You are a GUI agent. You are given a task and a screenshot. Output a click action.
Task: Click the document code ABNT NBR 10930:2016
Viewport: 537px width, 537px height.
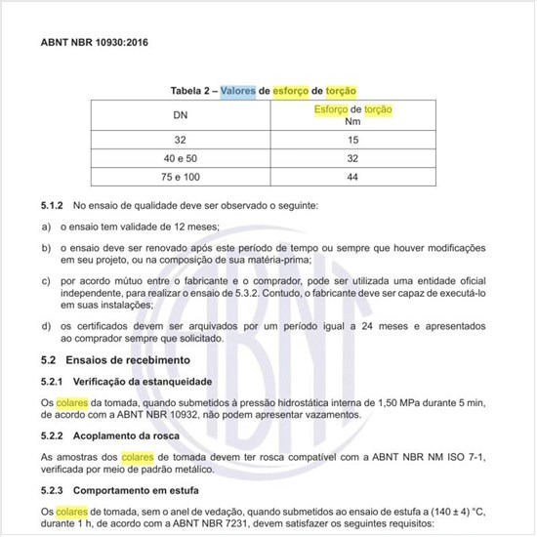point(95,43)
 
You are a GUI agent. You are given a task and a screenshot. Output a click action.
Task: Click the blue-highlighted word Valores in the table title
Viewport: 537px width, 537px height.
point(237,91)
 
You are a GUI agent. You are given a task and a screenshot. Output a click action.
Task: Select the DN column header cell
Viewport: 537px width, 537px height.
point(181,116)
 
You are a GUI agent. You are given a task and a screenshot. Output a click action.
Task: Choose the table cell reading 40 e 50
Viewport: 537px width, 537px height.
point(181,158)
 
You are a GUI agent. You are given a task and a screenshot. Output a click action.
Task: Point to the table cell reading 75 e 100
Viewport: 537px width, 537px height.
point(181,176)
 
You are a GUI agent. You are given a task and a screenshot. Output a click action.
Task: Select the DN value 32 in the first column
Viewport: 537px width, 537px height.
point(181,140)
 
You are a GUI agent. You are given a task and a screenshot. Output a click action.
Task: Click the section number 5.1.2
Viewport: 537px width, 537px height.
point(52,207)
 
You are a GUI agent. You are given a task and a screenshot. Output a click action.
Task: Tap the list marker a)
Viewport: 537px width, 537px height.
point(46,227)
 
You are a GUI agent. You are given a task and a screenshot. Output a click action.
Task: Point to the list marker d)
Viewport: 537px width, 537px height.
point(46,325)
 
